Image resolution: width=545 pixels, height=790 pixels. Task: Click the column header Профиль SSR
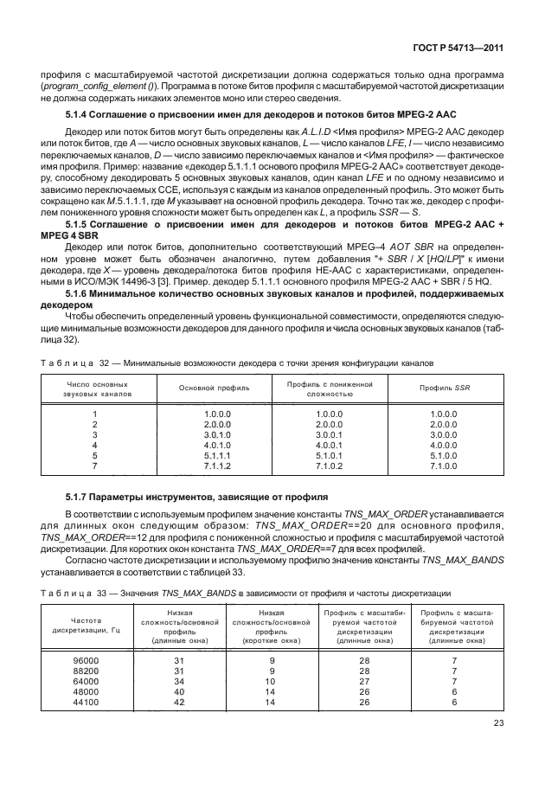click(x=449, y=388)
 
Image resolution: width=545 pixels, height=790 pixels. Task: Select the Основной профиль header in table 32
click(x=214, y=388)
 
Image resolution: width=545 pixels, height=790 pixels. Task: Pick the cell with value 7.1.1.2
click(x=214, y=466)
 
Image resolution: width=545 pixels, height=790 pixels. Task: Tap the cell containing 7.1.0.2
click(x=330, y=466)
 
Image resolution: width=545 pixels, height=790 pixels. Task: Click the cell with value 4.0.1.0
click(x=214, y=445)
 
